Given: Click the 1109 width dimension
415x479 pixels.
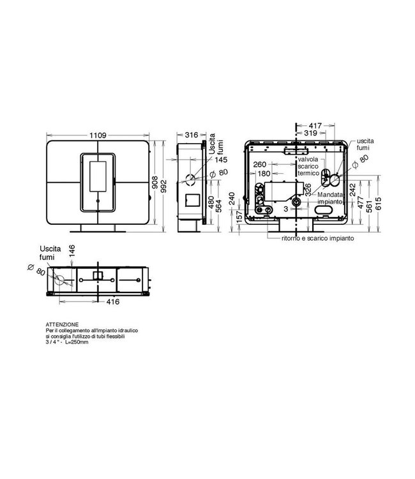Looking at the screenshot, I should point(98,135).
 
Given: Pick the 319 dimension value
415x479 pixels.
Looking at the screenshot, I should point(311,133).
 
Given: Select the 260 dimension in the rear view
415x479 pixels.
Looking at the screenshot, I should point(259,164).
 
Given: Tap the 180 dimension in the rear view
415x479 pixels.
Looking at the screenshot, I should point(262,172).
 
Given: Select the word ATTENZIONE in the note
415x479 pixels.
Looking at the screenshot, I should point(61,325).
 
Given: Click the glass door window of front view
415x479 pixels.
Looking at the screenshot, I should point(98,176).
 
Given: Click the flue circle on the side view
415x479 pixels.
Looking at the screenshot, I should point(190,179).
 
